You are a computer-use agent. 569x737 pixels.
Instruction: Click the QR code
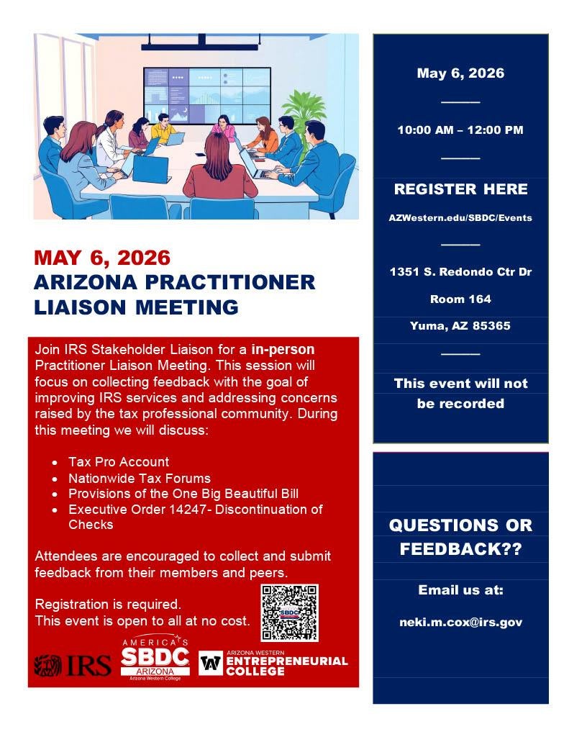[x=289, y=613]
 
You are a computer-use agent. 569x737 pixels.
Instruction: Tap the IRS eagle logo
[x=48, y=666]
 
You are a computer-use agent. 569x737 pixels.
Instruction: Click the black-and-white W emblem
[x=211, y=663]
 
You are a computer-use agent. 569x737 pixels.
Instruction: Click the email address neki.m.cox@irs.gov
[x=460, y=622]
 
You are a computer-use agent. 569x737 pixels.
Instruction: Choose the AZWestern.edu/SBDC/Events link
[x=460, y=217]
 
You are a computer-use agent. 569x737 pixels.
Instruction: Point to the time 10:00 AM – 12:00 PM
[x=460, y=130]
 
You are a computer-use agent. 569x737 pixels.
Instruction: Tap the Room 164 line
[x=460, y=299]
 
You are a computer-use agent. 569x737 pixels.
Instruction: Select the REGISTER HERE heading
[x=460, y=189]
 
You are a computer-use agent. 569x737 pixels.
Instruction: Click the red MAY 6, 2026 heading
[x=102, y=258]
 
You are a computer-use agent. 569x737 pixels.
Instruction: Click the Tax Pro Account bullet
[x=119, y=461]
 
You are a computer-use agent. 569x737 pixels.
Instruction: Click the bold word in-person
[x=283, y=350]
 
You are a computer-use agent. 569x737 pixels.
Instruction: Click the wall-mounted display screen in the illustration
[x=206, y=96]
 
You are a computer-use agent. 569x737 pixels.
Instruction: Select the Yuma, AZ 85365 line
[x=460, y=326]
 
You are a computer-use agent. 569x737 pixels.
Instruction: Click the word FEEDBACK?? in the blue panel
[x=460, y=549]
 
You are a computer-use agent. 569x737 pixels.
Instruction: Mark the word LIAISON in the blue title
[x=80, y=307]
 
